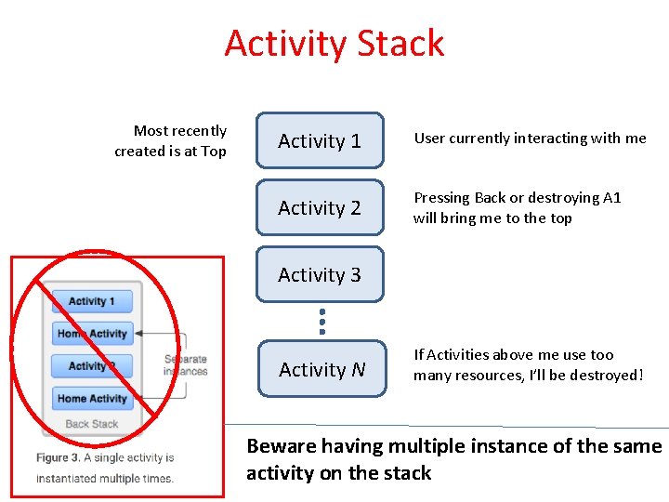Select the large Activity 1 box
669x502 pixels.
coord(320,140)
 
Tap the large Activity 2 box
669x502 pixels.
coord(320,207)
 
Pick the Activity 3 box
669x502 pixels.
coord(320,274)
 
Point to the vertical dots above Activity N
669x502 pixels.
coord(321,321)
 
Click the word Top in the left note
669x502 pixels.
coord(214,152)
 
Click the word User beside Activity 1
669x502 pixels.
coord(430,139)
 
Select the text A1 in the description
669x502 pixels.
coord(611,198)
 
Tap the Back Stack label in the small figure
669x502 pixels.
coord(92,424)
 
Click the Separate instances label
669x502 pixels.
coord(185,365)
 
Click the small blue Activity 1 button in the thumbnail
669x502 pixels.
coord(92,301)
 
